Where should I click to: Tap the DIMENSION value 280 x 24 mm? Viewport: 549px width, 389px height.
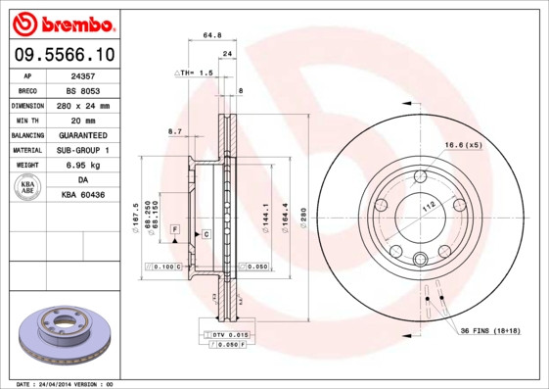(81, 104)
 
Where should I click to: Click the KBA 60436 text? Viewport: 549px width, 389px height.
(81, 195)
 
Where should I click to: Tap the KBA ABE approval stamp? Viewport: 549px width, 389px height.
(29, 187)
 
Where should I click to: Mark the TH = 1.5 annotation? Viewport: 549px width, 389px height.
(195, 73)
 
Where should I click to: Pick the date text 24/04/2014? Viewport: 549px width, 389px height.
(64, 384)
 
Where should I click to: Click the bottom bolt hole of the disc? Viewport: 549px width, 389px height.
(420, 259)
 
